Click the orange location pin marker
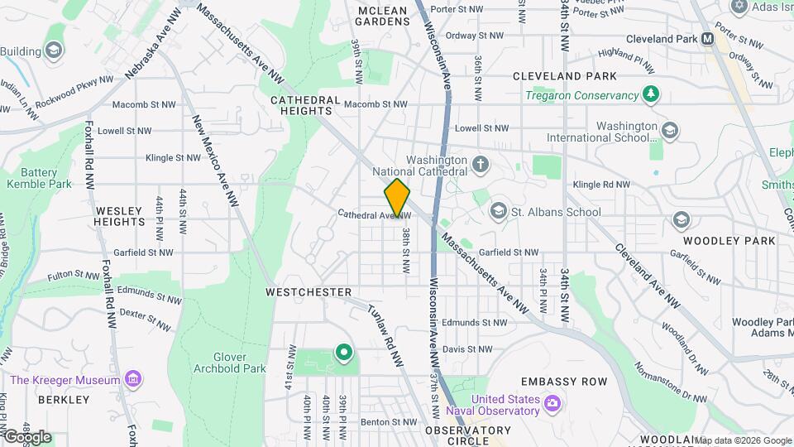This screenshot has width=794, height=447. click(397, 197)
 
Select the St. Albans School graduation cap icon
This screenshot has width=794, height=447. click(498, 212)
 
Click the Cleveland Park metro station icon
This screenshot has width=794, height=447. click(708, 39)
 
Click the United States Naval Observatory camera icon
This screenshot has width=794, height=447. click(552, 404)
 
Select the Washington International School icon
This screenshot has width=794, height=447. click(669, 129)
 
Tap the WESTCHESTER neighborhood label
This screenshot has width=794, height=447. click(309, 292)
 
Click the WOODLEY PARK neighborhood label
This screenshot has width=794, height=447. click(729, 241)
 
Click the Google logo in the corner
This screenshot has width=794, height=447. click(26, 436)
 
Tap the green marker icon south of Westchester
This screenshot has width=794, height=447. click(343, 353)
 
